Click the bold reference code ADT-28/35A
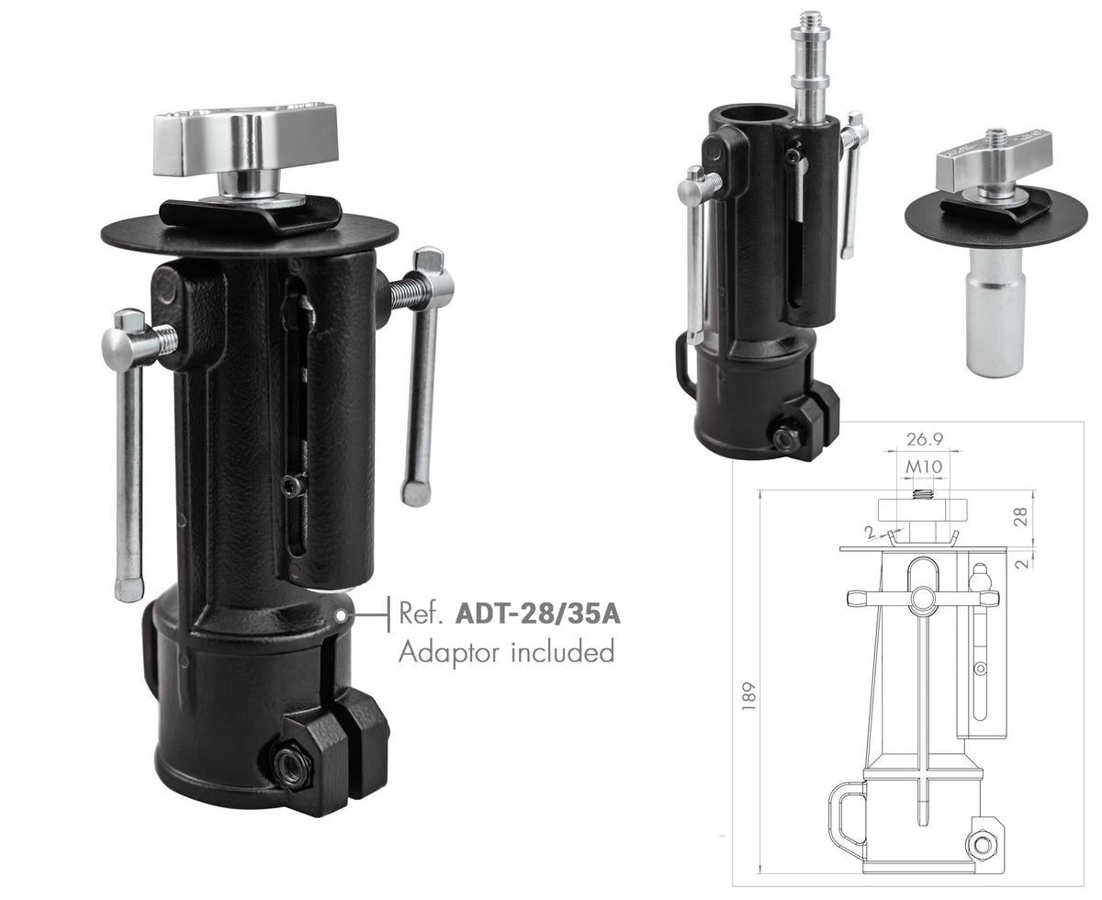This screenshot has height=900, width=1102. pyautogui.click(x=537, y=613)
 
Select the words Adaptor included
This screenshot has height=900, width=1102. pyautogui.click(x=506, y=653)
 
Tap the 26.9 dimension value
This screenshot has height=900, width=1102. pyautogui.click(x=925, y=440)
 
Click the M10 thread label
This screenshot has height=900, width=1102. pyautogui.click(x=924, y=467)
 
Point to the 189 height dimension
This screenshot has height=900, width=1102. pyautogui.click(x=748, y=695)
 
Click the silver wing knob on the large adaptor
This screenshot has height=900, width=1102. pyautogui.click(x=245, y=141)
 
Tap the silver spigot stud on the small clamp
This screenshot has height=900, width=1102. pyautogui.click(x=809, y=65)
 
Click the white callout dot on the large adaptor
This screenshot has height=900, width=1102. pyautogui.click(x=341, y=615)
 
